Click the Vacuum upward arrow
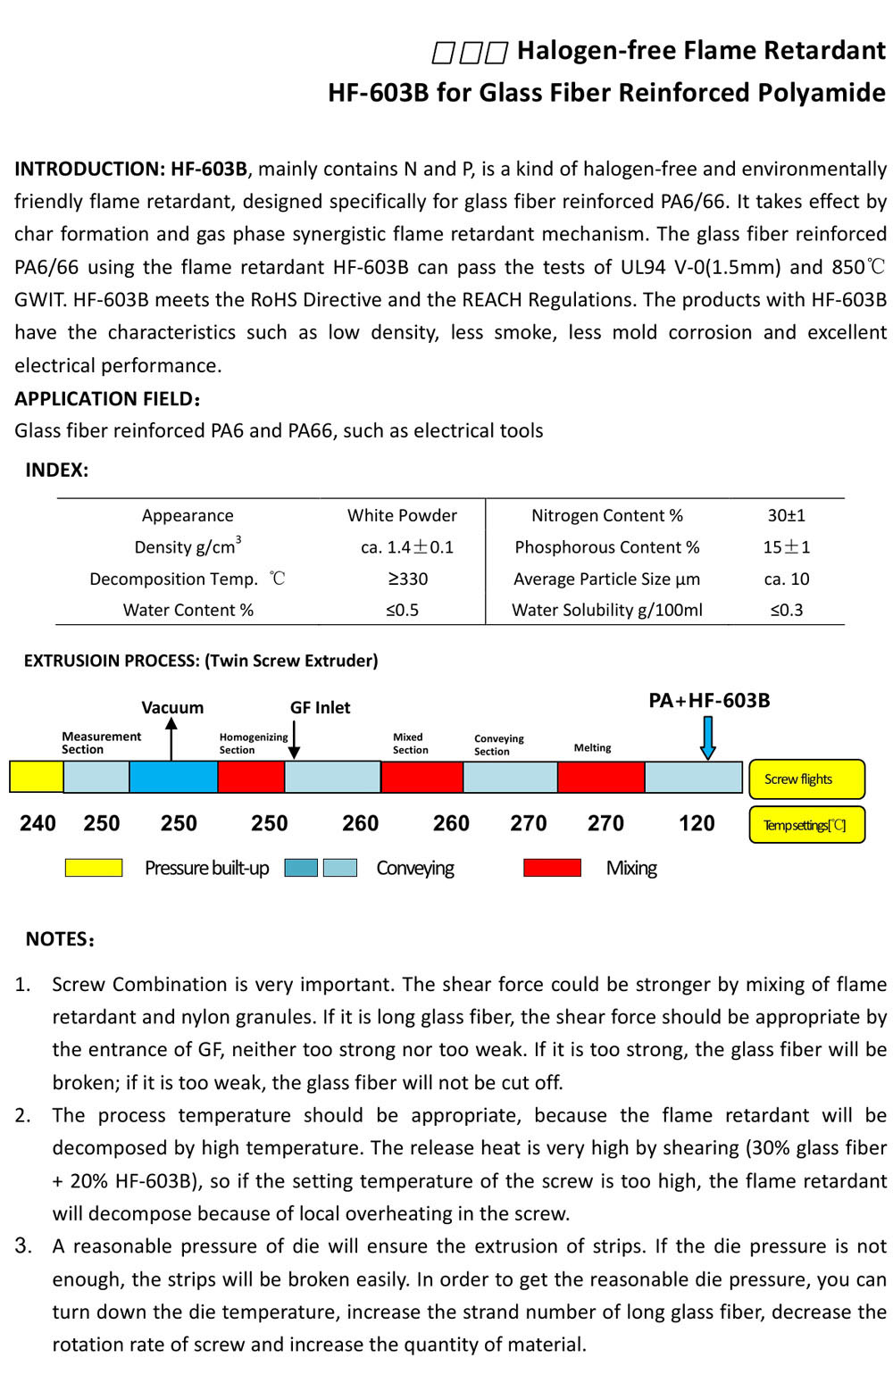pos(171,739)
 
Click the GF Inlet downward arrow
pos(294,739)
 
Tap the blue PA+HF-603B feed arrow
pos(708,738)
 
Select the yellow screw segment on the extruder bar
pos(37,777)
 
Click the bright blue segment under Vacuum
pos(173,777)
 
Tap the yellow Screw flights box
pos(806,779)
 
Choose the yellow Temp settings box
pos(806,825)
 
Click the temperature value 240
pos(38,823)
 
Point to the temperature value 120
pos(697,823)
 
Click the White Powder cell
pos(402,515)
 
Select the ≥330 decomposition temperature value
pos(407,579)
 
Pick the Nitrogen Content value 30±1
pos(786,515)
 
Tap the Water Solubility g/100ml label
pos(606,610)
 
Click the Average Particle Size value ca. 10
pos(786,579)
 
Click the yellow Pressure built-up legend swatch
pos(94,867)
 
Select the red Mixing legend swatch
pos(552,867)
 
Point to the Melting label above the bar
pos(592,747)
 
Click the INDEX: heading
pos(57,471)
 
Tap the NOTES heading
pos(60,939)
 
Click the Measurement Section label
pos(101,743)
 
